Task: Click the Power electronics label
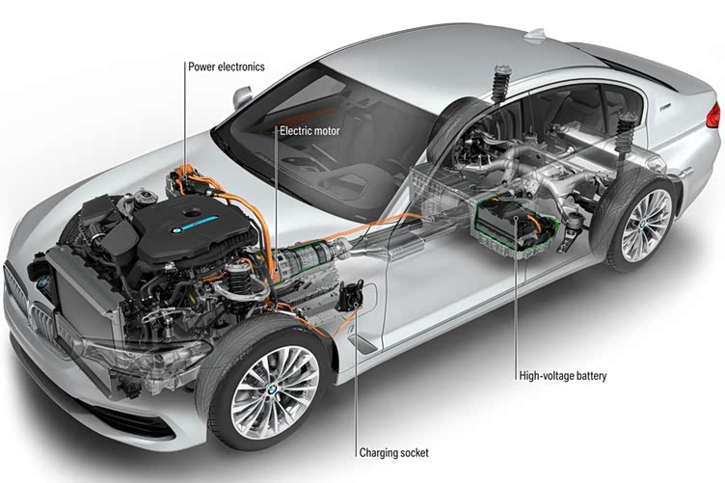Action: [x=227, y=67]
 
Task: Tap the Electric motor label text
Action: [x=309, y=131]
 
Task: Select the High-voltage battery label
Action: [x=562, y=375]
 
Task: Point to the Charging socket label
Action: [x=394, y=452]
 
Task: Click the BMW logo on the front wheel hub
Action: [x=273, y=390]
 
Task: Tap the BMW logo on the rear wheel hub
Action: [x=642, y=225]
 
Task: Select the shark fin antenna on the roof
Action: [x=535, y=34]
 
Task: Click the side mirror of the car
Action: [x=242, y=97]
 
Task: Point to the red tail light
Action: [x=714, y=116]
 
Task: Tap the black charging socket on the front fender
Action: [x=350, y=295]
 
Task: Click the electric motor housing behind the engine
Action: [x=306, y=266]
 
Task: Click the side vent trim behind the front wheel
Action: [x=362, y=343]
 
